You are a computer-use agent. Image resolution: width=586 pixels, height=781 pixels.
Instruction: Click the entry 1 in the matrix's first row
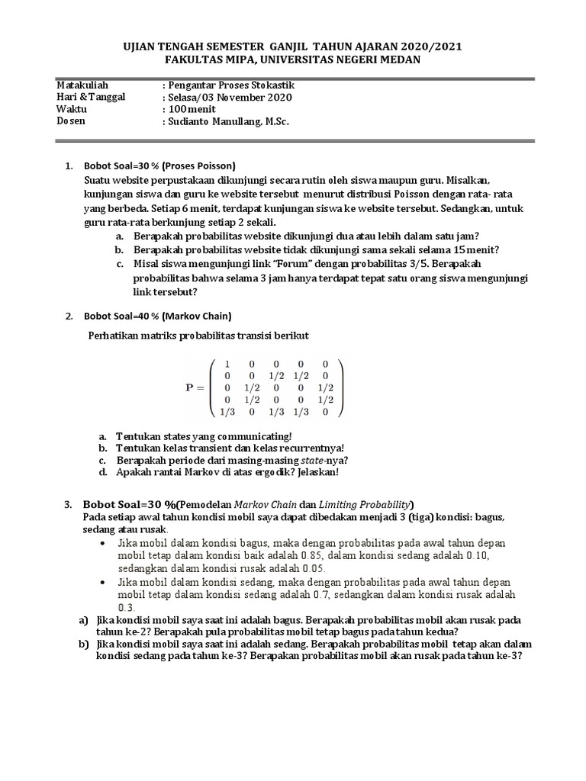click(227, 364)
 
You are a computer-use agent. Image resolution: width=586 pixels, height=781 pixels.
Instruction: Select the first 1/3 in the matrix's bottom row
click(227, 412)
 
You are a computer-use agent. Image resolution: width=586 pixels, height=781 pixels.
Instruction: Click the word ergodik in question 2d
click(272, 473)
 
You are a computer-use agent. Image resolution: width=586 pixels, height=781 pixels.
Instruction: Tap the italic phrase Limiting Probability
click(366, 504)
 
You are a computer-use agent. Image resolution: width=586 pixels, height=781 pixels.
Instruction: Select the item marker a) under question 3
click(84, 620)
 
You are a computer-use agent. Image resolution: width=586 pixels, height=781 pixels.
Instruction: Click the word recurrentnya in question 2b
click(314, 448)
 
